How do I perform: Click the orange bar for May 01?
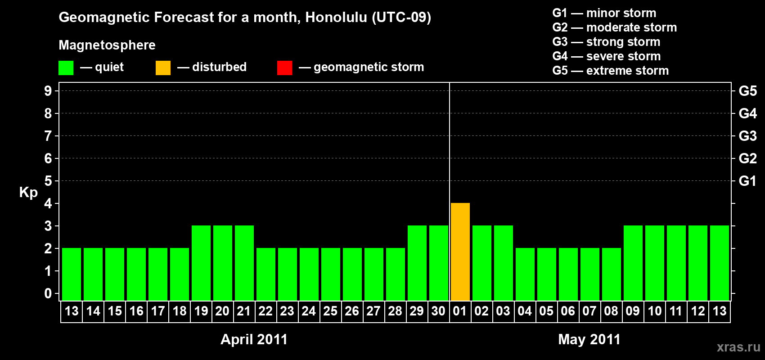pos(460,252)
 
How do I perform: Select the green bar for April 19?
pos(201,263)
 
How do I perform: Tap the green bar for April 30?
pos(438,263)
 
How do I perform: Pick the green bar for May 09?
pos(633,263)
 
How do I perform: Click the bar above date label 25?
pos(331,274)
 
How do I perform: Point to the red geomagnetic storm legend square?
pos(284,67)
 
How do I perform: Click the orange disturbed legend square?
pos(163,67)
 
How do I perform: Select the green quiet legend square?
pos(66,67)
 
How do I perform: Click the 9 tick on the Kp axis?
pos(48,91)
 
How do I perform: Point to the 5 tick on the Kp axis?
pos(48,181)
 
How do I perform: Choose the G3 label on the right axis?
pos(747,136)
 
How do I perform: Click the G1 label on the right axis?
pos(747,181)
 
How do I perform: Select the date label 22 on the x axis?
pos(265,311)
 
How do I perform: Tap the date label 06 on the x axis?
pos(568,311)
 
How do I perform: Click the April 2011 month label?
pos(254,339)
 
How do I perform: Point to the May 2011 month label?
pos(589,339)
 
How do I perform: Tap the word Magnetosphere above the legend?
pos(107,45)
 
